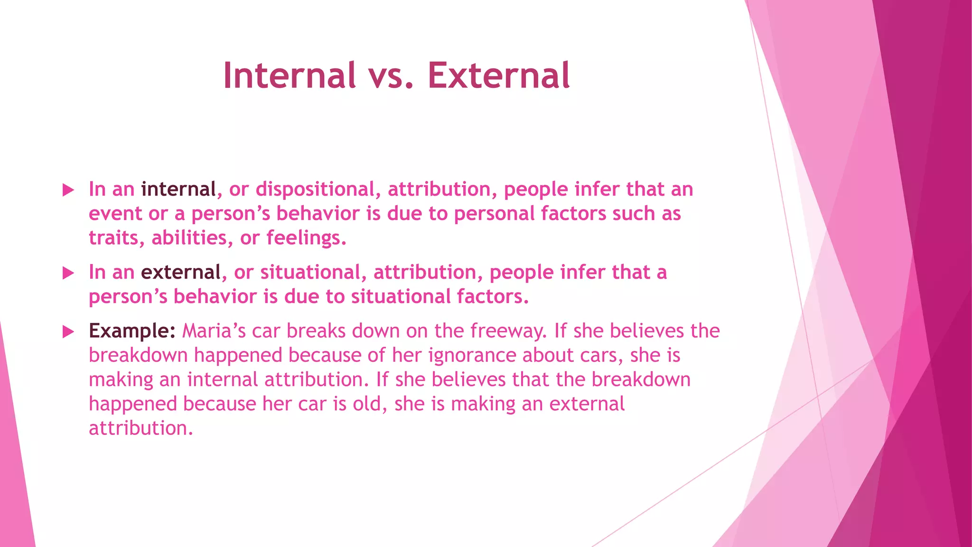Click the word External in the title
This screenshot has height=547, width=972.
coord(498,76)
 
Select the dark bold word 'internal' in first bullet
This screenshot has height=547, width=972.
coord(178,189)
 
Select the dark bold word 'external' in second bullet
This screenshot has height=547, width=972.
coord(181,273)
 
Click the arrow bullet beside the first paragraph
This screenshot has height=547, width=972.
coord(68,190)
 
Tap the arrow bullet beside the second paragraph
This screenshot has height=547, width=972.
coord(68,273)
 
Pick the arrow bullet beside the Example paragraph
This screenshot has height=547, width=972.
coord(68,331)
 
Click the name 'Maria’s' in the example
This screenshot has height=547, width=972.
coord(214,331)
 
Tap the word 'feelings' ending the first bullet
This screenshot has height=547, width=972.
coord(306,238)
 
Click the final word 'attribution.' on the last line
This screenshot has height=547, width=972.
coord(141,428)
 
